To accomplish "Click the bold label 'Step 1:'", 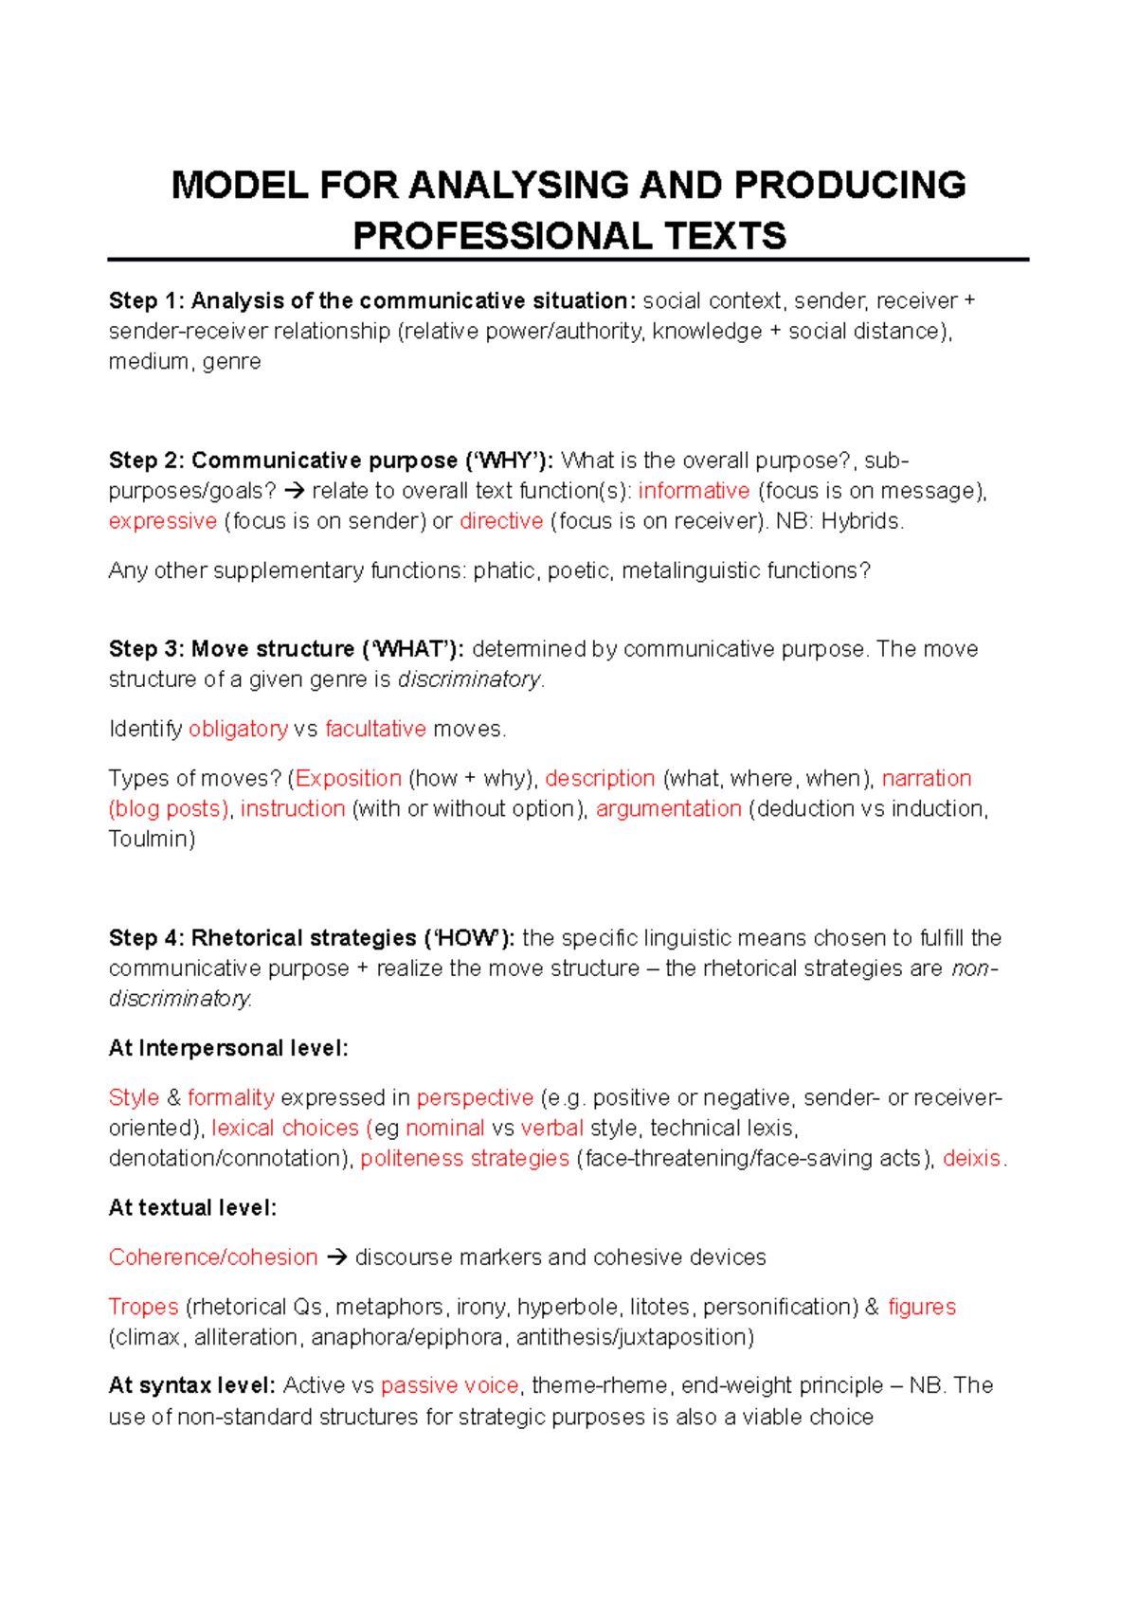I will click(x=146, y=301).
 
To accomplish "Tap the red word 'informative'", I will click(x=694, y=491).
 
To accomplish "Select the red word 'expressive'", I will click(x=163, y=521).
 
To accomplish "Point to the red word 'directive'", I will click(x=501, y=521).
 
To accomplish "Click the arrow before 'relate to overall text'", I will click(x=295, y=491).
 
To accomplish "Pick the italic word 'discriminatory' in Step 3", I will click(x=469, y=679).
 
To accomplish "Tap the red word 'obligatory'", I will click(x=238, y=729).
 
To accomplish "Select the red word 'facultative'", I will click(x=375, y=729).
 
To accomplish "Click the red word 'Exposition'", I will click(x=349, y=778).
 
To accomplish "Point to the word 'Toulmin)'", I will click(x=152, y=839).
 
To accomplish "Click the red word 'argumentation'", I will click(x=668, y=808).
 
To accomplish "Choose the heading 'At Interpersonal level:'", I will click(x=228, y=1048).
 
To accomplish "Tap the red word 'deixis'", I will click(x=971, y=1158).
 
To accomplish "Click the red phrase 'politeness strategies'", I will click(x=464, y=1158).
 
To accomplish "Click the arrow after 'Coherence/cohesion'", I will click(x=335, y=1257).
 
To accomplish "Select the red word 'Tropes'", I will click(x=143, y=1307).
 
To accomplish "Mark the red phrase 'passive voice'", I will click(x=449, y=1385).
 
